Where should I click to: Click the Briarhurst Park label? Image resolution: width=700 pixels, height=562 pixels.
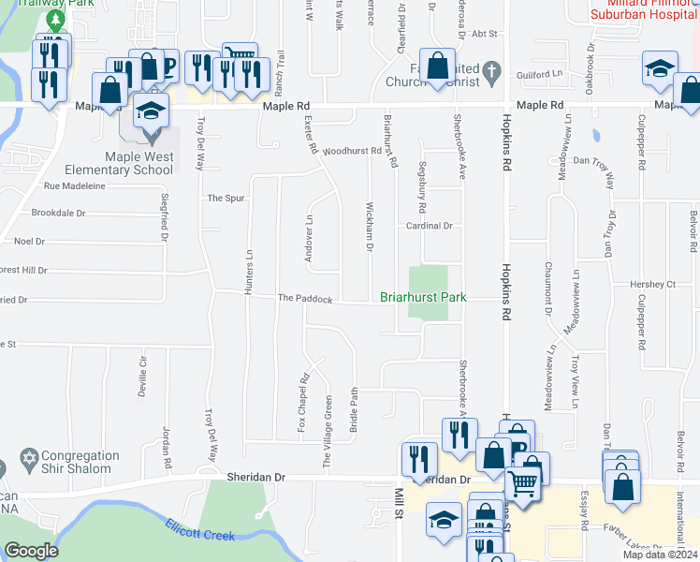pos(423,299)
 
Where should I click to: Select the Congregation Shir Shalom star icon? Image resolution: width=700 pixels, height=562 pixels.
pos(26,462)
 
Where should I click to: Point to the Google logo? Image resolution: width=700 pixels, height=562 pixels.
pos(31,551)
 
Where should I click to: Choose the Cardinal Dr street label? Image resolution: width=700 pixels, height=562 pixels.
pos(429,227)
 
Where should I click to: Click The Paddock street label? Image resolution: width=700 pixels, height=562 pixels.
pos(305,299)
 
